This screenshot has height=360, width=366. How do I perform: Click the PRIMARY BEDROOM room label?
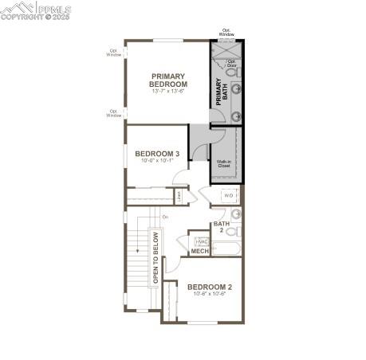point(168,80)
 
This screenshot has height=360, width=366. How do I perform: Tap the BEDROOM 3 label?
point(156,154)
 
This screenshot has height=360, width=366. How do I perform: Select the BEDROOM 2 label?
point(210,287)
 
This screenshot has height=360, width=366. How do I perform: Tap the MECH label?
point(199,251)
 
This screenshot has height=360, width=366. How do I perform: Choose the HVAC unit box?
point(202,241)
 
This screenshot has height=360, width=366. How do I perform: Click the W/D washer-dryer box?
point(229,195)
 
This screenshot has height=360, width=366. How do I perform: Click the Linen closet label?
point(179,194)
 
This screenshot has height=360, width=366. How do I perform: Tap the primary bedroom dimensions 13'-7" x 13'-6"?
point(168,91)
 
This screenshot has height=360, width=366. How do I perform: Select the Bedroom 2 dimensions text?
point(210,295)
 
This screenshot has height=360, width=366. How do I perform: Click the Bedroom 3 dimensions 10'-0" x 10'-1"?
point(156,161)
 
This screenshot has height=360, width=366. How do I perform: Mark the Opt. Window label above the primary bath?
point(226,33)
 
